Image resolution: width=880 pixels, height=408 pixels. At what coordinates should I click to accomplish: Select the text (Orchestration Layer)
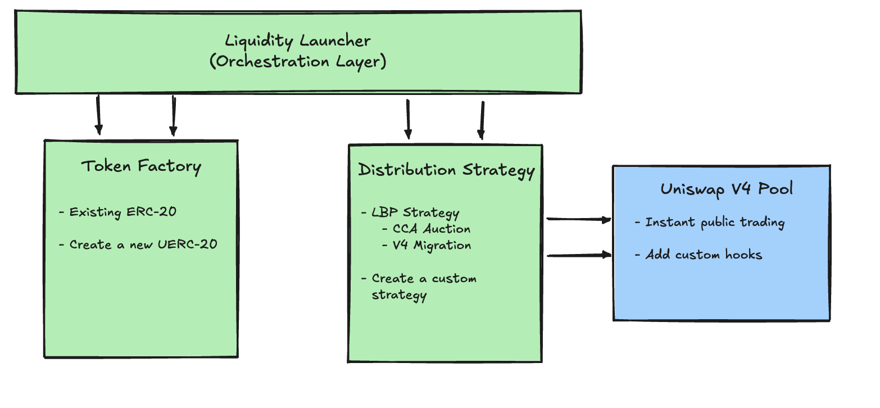[298, 61]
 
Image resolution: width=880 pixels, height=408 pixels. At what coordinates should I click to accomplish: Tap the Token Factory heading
[141, 166]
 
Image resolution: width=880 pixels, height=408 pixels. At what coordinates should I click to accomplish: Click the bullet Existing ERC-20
[123, 212]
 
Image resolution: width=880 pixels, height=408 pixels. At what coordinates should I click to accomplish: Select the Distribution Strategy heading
[446, 170]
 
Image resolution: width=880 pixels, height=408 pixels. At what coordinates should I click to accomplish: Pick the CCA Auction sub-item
[431, 229]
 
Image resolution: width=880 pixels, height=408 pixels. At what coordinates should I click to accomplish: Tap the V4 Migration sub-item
[432, 245]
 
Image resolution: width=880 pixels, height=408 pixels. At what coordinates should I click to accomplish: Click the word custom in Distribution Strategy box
[454, 279]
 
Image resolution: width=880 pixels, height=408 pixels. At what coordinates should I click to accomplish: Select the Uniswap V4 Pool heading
[727, 189]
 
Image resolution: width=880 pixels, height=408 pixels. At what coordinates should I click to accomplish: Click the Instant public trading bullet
[714, 223]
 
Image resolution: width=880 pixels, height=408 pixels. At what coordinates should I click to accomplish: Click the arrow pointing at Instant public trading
[578, 220]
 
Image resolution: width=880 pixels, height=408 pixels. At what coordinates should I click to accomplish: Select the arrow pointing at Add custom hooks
[578, 256]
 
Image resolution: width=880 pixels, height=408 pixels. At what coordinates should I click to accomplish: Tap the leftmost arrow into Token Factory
[98, 115]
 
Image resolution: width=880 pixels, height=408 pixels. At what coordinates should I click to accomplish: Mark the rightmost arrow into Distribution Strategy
[482, 120]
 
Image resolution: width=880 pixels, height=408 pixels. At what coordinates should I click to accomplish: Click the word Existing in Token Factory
[95, 212]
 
